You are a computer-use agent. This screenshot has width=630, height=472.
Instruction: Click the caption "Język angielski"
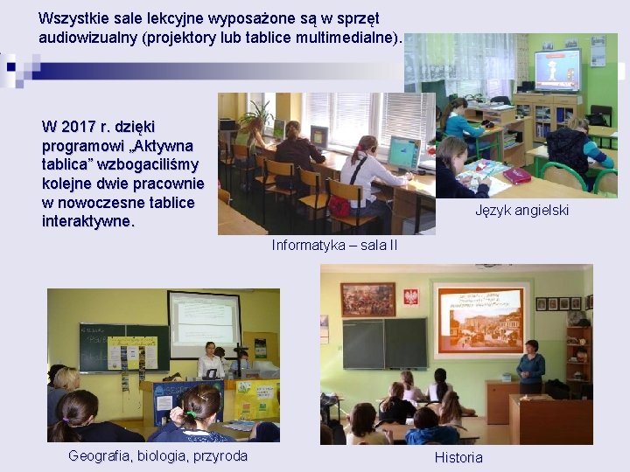pos(521,210)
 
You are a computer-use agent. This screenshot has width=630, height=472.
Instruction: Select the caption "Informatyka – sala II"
pos(334,245)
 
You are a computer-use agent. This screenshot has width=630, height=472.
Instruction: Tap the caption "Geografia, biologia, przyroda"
pos(157,455)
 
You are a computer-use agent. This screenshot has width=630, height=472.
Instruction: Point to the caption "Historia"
pos(458,457)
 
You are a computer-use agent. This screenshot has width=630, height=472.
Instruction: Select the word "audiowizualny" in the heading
pos(85,38)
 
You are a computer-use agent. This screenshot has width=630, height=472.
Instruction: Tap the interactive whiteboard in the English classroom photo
pos(557,69)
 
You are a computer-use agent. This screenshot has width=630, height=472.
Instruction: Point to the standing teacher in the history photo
pos(530,367)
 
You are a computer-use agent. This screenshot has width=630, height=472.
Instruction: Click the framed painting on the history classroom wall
pos(367,299)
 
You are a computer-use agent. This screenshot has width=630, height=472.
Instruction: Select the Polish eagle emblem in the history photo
pos(410,297)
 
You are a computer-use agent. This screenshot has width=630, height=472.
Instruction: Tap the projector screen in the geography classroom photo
pos(204,322)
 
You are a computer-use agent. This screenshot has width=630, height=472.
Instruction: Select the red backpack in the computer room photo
pos(339,205)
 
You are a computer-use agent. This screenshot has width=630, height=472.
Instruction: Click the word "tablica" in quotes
pos(64,164)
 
